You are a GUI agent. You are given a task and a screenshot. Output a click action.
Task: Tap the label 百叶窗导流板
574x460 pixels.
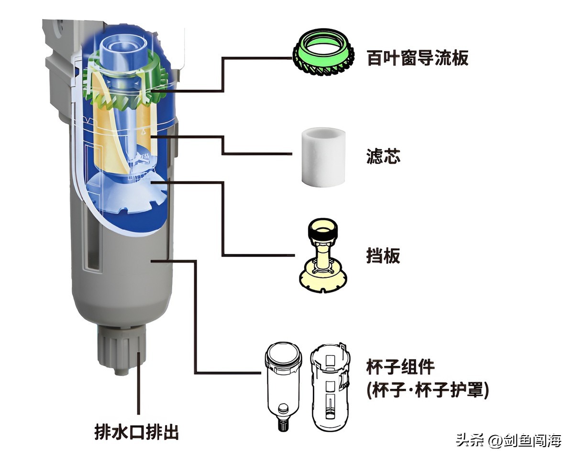tap(418, 58)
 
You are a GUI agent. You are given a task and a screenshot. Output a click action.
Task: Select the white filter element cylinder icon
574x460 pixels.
tap(320, 156)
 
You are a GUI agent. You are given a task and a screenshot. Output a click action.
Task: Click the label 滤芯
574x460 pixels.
tap(384, 156)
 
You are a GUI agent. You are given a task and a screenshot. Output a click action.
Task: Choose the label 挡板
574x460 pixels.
tap(383, 256)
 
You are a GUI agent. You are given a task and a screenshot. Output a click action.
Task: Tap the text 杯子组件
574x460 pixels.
tap(401, 368)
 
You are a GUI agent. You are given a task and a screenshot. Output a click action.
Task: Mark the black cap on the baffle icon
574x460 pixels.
tap(324, 232)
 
